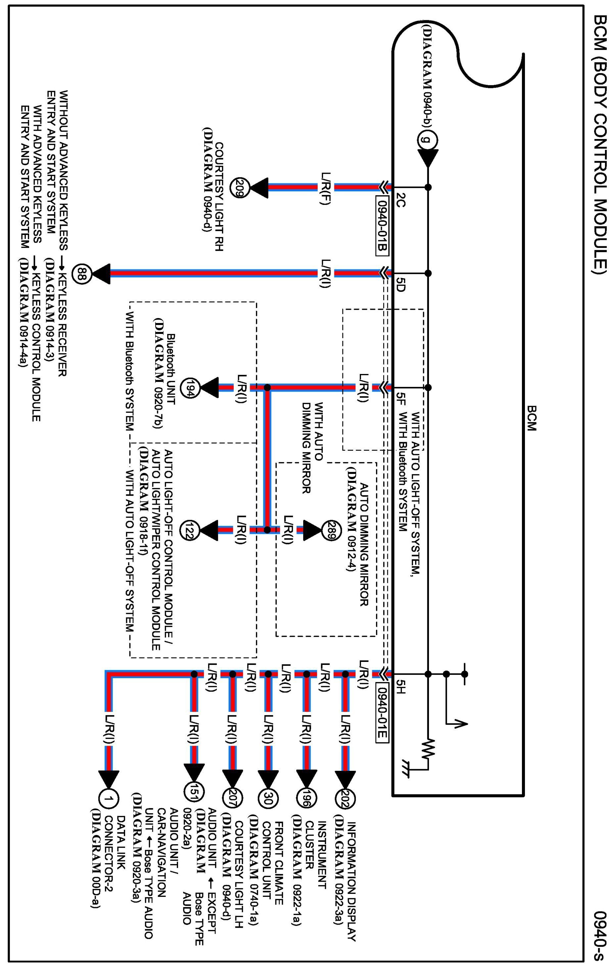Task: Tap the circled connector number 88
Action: coord(82,274)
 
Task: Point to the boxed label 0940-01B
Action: coord(382,225)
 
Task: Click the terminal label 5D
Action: coord(400,283)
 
